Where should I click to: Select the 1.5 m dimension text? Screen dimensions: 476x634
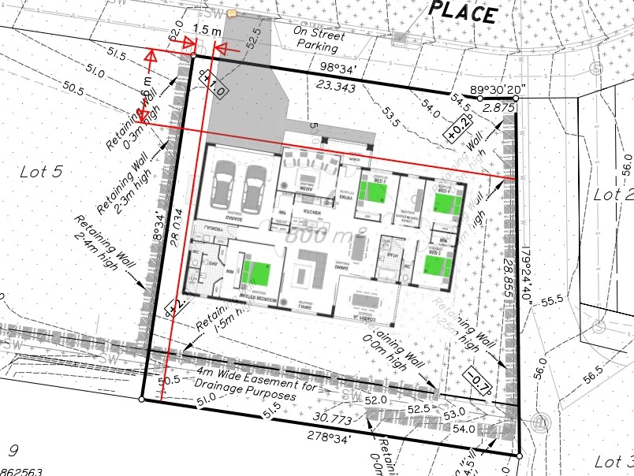pyautogui.click(x=206, y=29)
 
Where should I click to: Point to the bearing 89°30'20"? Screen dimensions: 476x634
pyautogui.click(x=502, y=89)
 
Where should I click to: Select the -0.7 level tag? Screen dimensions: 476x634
pyautogui.click(x=477, y=381)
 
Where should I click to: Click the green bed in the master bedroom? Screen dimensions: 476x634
pyautogui.click(x=257, y=270)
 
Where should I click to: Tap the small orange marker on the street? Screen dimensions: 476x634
pyautogui.click(x=232, y=13)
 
